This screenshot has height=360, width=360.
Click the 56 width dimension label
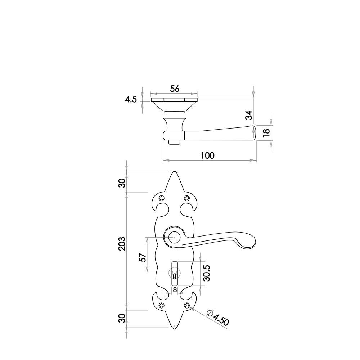click(175, 89)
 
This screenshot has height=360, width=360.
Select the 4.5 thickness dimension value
click(131, 100)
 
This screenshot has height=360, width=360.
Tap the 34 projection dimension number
click(249, 115)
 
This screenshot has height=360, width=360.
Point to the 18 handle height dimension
click(266, 133)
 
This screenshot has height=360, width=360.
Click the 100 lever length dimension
click(208, 156)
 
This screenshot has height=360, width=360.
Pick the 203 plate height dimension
click(122, 244)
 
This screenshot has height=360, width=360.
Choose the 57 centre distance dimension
click(143, 258)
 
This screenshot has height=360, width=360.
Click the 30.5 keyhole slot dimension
click(207, 273)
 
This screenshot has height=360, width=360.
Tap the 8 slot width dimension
click(175, 290)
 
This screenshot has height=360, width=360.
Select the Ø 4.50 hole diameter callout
click(218, 318)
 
